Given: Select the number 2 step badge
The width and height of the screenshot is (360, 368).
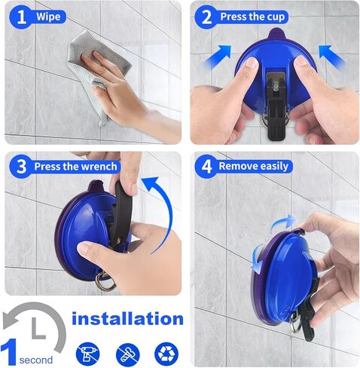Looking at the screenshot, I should click(x=206, y=17).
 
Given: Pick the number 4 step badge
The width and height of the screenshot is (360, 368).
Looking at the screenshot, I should click(x=206, y=166).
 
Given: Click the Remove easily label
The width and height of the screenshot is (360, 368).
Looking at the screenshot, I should click(x=253, y=166).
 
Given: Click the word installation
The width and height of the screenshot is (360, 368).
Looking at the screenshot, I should click(x=127, y=318).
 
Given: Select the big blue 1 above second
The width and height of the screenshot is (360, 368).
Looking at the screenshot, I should click(x=10, y=349).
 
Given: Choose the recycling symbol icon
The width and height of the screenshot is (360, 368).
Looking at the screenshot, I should click(x=166, y=352).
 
